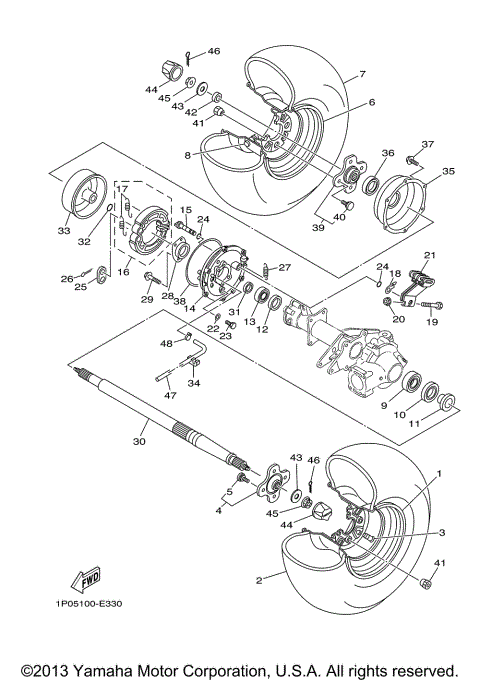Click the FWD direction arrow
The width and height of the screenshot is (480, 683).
(86, 579)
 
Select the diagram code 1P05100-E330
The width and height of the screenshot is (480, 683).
(88, 604)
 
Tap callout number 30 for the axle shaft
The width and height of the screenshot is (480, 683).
(139, 441)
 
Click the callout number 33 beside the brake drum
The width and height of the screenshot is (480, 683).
(64, 230)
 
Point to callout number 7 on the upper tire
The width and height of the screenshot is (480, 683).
(362, 74)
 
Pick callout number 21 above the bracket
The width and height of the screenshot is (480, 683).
(430, 255)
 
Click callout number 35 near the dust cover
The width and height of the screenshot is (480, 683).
(448, 171)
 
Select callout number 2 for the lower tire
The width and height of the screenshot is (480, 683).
(260, 580)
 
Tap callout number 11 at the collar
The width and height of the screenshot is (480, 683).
(414, 423)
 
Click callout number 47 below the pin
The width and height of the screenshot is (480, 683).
(170, 395)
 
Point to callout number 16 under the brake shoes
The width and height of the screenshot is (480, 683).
(124, 272)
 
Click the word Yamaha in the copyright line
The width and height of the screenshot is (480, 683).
(100, 670)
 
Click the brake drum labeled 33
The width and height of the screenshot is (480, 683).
(84, 193)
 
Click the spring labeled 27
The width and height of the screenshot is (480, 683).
(265, 270)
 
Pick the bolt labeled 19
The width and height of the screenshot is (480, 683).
(432, 306)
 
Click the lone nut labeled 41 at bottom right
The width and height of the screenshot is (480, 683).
(426, 583)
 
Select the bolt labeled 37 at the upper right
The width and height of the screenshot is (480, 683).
(412, 161)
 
